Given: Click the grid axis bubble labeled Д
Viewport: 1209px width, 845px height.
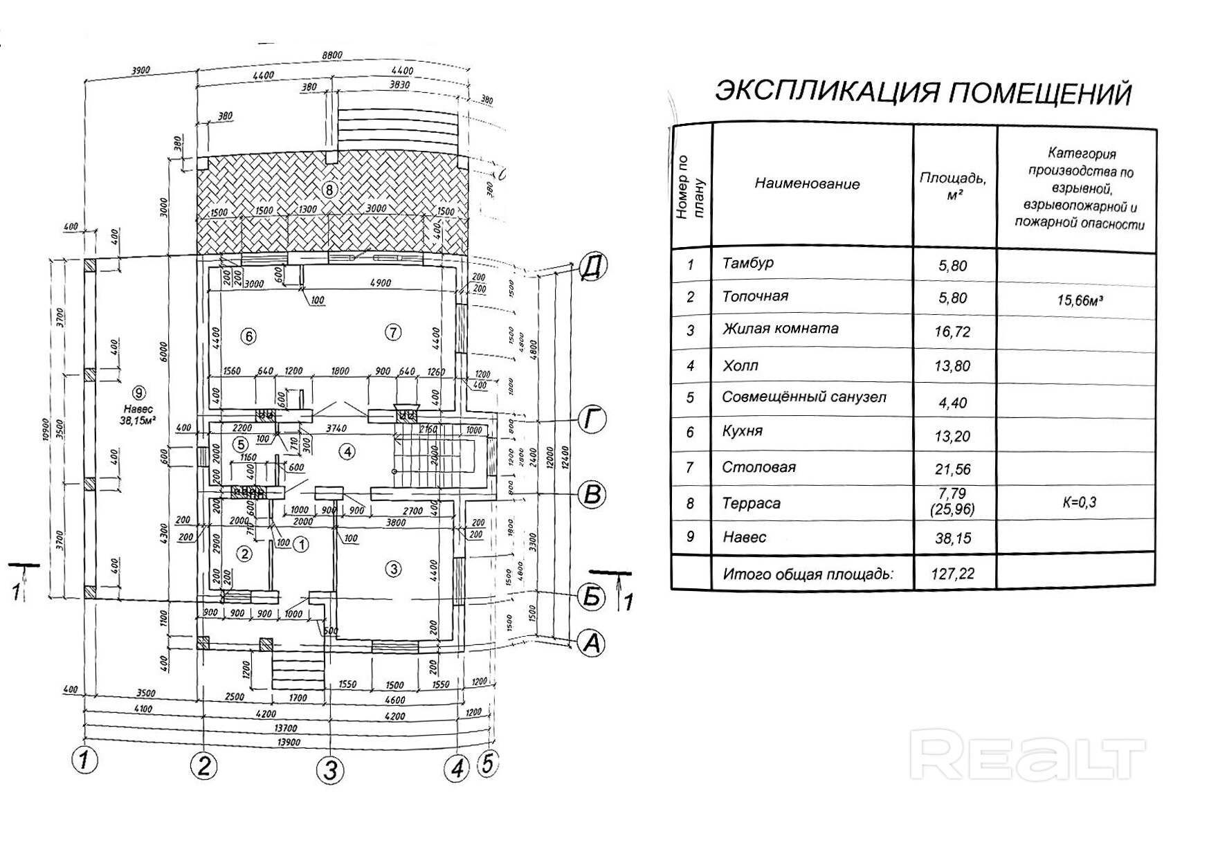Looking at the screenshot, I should point(591,266).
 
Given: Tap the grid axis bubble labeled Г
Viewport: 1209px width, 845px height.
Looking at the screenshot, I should point(592,420).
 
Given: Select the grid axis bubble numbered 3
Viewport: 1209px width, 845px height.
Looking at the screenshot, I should point(330,770).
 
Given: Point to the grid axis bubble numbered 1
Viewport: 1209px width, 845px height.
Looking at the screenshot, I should point(84,760).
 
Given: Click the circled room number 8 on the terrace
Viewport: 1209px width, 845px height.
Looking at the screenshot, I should point(330,189).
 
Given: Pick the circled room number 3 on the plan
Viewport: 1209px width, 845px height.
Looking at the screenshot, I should point(393,570).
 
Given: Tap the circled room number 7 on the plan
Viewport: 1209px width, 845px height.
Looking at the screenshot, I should point(392,333).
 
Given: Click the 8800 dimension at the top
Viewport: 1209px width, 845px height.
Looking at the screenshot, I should point(331,55).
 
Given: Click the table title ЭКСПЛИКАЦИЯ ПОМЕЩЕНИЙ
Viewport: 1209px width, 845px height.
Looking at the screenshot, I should point(923,92).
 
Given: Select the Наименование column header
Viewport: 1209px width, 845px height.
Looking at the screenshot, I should point(807,184).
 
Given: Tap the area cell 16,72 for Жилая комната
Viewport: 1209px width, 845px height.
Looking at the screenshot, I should point(952,332).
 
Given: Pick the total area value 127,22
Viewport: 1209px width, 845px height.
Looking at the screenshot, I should point(952,574).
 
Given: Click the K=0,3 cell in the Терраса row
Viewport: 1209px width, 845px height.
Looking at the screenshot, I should point(1079,502).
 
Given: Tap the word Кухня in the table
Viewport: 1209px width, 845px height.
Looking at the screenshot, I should point(742,430).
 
